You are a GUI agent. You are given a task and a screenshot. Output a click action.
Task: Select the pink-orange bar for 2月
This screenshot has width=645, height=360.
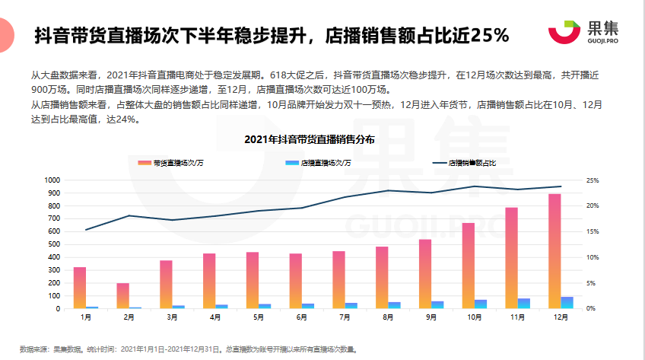point(122,295)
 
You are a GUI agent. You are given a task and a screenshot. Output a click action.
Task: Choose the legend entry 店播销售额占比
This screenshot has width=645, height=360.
point(464,163)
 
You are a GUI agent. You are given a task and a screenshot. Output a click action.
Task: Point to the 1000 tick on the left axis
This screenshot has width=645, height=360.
point(52,180)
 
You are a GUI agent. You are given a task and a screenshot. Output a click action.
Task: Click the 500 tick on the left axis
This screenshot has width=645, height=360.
point(54,244)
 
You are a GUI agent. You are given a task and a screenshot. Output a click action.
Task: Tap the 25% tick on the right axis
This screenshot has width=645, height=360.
point(593,180)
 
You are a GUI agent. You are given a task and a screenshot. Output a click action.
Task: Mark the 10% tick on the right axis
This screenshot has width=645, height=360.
point(593,257)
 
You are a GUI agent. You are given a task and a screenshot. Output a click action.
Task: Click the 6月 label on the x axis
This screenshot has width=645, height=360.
point(302,317)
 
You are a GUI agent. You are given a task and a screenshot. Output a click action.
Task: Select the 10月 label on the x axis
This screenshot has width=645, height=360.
point(475,317)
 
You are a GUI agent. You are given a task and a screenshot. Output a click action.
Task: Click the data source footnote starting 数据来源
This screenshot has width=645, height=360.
point(187,349)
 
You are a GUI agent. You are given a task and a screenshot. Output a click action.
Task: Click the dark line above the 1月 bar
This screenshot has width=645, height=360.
point(87,229)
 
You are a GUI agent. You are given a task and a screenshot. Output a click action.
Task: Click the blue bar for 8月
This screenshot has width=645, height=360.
point(394,305)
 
